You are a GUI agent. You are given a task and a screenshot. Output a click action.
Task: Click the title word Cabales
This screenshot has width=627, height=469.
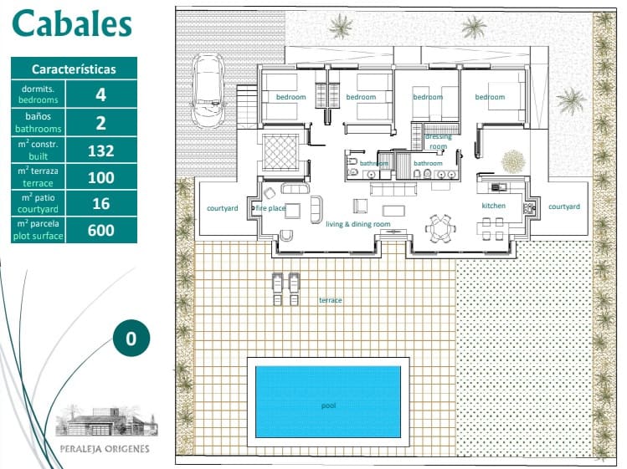coord(72,24)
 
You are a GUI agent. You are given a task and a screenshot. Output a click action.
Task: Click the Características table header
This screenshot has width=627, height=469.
coord(74,69)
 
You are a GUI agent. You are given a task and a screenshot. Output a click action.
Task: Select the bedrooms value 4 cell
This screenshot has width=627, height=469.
coord(101,94)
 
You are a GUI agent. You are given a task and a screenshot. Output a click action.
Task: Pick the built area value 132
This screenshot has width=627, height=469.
coord(101,150)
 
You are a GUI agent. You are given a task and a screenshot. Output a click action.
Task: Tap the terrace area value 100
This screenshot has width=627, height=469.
coord(101,177)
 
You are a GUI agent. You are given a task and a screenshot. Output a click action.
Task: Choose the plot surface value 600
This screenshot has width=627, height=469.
coord(101,231)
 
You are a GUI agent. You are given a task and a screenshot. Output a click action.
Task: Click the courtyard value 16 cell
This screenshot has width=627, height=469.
coord(101,204)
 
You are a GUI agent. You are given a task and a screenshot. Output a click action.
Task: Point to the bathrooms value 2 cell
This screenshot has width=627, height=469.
coord(101,123)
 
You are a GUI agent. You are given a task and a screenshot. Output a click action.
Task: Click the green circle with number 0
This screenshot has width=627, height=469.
coord(131,339)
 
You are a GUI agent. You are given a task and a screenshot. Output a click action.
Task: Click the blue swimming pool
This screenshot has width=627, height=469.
coord(327,400)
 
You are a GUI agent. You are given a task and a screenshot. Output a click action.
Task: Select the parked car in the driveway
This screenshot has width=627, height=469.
coord(205,86)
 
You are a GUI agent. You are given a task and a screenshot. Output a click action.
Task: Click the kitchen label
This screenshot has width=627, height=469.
coord(493,206)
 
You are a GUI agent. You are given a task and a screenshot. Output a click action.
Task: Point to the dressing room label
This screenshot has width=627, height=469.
coord(438,141)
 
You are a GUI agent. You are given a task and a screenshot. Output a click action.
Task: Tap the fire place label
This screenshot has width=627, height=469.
coord(271,207)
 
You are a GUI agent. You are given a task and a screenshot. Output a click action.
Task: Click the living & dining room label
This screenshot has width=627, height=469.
coord(358,224)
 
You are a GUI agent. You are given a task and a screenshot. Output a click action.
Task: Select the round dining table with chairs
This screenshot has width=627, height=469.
coord(439,227)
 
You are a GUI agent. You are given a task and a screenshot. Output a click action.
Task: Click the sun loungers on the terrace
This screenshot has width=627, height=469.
coord(285,289)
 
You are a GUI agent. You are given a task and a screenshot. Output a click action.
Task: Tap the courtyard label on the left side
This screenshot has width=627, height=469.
coord(222,207)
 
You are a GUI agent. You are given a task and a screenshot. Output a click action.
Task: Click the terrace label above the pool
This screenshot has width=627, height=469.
coord(330,300)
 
